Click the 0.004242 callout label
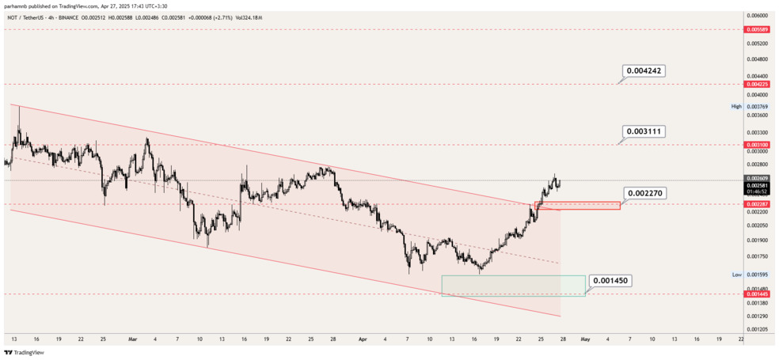point(643,71)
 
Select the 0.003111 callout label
point(643,131)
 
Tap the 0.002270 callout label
point(643,192)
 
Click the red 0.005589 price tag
point(757,29)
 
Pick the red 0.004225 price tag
point(757,84)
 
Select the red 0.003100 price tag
point(757,145)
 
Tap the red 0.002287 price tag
point(757,204)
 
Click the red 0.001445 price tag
point(757,294)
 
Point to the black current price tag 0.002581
point(757,186)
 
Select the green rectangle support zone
point(513,286)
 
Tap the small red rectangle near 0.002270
point(578,206)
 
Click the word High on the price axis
point(736,106)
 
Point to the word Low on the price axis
point(736,275)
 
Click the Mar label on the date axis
point(132,339)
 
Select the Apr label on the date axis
point(363,339)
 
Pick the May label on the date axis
point(585,339)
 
